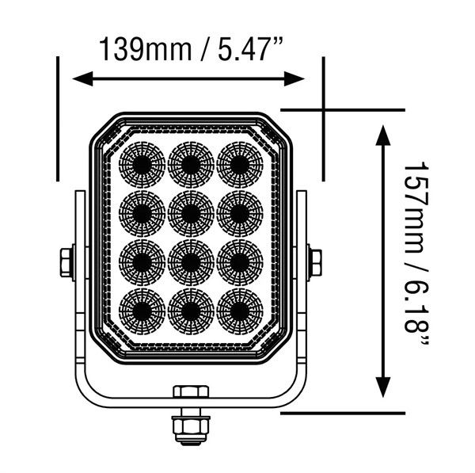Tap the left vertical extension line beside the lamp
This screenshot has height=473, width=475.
59,119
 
